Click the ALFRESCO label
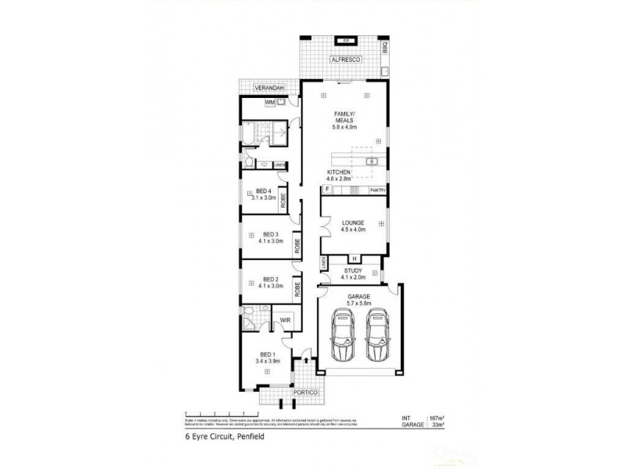point(344,59)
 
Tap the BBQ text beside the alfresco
point(385,48)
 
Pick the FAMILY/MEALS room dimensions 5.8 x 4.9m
point(344,127)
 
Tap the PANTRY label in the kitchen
point(377,190)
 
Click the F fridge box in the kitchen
point(326,190)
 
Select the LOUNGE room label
point(353,222)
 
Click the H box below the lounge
point(354,259)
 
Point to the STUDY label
point(353,270)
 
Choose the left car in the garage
point(342,335)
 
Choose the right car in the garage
point(376,335)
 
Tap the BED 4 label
point(264,191)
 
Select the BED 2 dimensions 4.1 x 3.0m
point(272,286)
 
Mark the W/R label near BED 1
point(286,320)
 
